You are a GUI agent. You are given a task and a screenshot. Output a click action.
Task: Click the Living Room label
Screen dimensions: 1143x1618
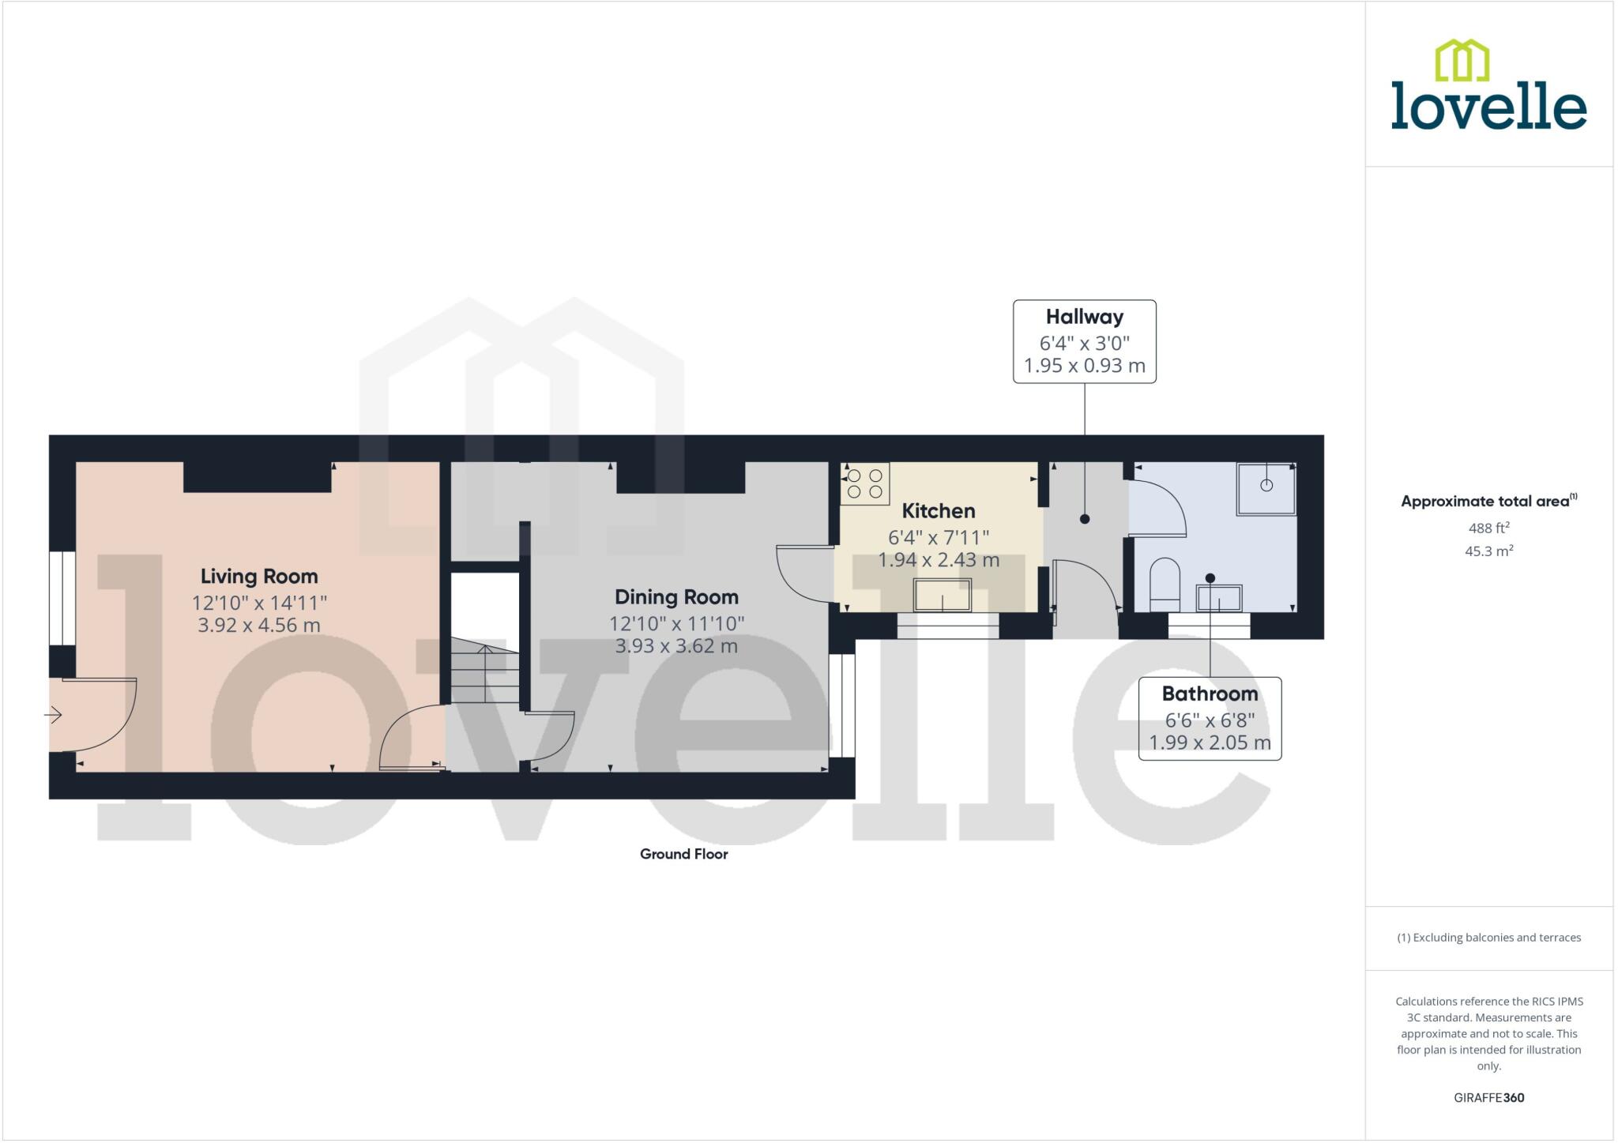pos(259,577)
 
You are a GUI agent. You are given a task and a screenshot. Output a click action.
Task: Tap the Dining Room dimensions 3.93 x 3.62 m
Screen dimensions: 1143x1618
pos(676,646)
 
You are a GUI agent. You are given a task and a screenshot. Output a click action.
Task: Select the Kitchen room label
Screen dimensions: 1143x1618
pos(939,511)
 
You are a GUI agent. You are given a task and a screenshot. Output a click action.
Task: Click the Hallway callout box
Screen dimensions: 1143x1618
pos(1084,341)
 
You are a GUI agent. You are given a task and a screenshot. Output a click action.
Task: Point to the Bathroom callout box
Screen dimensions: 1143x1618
pos(1210,718)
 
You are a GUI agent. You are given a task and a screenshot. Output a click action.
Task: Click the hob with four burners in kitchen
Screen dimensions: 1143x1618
pos(864,483)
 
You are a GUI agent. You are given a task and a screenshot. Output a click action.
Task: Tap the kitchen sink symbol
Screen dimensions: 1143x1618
pos(942,595)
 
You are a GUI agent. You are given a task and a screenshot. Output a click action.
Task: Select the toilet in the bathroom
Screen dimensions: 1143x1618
pos(1165,585)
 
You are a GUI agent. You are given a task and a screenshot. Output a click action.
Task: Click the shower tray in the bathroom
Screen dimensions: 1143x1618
pos(1266,488)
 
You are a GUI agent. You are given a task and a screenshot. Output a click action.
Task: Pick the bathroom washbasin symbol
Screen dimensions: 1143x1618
pos(1218,598)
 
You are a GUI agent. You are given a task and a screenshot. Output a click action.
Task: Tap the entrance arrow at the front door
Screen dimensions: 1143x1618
pos(54,715)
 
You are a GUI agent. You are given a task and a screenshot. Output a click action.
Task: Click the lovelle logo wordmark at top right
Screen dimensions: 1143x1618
pos(1488,107)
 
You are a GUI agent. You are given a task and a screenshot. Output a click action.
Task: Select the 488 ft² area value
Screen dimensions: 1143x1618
pos(1488,528)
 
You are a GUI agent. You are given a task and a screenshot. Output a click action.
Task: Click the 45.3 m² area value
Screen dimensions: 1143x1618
pos(1488,551)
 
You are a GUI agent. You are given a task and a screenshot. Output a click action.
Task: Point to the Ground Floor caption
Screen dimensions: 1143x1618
pos(683,854)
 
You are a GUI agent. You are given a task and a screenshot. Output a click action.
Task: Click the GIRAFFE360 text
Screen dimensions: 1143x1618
pos(1488,1097)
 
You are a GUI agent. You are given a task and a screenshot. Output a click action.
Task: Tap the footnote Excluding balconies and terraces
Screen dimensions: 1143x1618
pos(1488,938)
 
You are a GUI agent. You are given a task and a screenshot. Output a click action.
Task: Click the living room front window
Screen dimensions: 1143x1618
pos(62,598)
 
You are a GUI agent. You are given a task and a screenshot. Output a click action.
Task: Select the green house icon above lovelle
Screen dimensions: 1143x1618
pos(1462,60)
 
